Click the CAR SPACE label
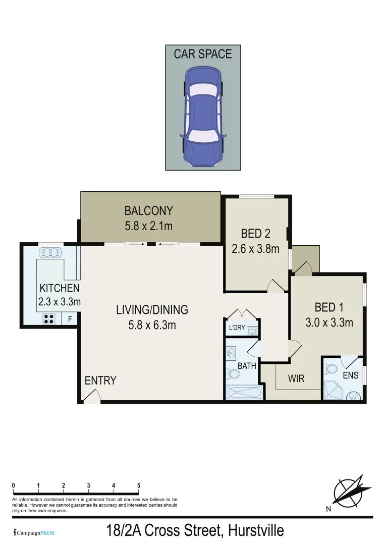point(203,54)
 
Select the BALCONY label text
point(148,210)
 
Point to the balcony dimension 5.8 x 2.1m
point(148,226)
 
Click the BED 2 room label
point(255,233)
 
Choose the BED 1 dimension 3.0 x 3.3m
point(329,322)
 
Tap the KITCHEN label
point(60,288)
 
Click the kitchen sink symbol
point(49,252)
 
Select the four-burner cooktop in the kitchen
point(49,318)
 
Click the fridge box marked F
point(70,319)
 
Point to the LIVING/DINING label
point(152,309)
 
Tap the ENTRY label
point(100,380)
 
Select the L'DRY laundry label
point(237,328)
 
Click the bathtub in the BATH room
point(244,393)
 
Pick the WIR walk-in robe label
point(296,378)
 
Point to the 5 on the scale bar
point(139,485)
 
